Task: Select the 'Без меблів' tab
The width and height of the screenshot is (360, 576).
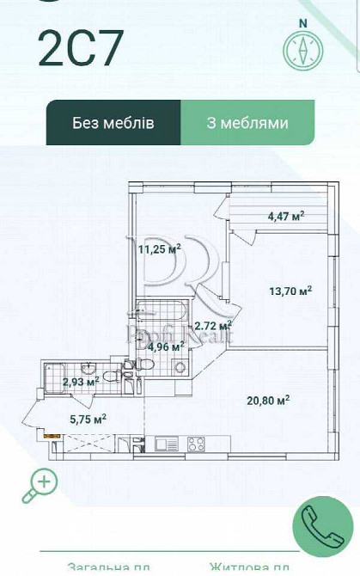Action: tap(113, 123)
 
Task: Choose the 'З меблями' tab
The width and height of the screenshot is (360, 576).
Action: tap(247, 123)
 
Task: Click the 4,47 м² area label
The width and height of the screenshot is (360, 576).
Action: tap(286, 217)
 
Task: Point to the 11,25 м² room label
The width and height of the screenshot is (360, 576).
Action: tap(160, 249)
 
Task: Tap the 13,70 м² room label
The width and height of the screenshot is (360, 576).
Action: tap(290, 291)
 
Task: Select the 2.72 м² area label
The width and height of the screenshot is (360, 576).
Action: tap(213, 326)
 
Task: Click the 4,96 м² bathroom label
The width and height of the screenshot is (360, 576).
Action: tap(166, 347)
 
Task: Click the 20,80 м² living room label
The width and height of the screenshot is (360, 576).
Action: tap(267, 400)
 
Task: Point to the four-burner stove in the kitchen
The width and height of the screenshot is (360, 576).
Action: tap(195, 444)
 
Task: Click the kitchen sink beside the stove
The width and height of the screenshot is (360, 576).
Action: tap(166, 444)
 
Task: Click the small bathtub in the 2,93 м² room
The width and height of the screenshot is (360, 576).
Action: tap(52, 376)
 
